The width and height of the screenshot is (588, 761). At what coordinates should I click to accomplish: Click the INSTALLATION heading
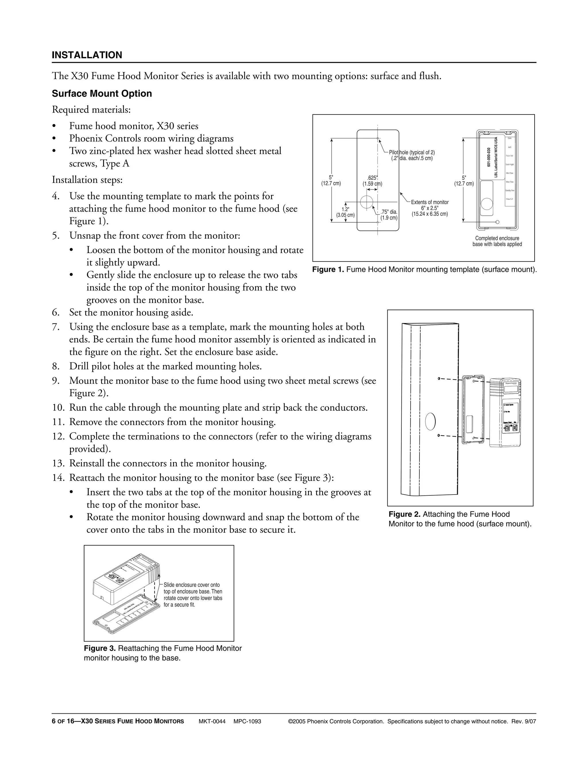point(87,55)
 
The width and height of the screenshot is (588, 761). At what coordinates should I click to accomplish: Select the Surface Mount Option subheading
point(102,93)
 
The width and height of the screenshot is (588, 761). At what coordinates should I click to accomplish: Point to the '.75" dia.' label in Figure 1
point(389,212)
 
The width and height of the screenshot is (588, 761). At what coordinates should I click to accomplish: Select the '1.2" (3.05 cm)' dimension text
point(345,212)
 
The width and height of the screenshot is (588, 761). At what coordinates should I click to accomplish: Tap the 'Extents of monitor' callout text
point(430,202)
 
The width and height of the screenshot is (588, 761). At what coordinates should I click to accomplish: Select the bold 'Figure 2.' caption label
point(405,514)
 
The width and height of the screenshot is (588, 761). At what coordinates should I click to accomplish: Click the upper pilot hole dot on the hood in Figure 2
point(439,378)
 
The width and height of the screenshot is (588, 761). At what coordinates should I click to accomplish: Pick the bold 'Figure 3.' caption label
point(99,648)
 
